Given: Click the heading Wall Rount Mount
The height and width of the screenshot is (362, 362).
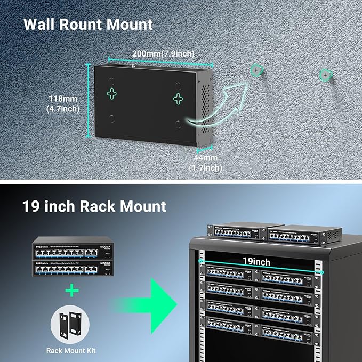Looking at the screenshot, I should (88, 25).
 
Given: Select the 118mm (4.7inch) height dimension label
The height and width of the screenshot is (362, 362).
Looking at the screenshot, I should (63, 104).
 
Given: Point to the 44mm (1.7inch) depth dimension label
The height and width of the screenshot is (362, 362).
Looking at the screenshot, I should (205, 163).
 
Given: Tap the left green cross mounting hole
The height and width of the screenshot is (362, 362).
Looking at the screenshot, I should (112, 94).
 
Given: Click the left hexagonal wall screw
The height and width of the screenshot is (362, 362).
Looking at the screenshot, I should (257, 70).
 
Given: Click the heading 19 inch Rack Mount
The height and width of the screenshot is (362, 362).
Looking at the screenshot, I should (94, 206).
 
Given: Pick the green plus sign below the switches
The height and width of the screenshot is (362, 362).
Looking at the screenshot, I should (72, 290).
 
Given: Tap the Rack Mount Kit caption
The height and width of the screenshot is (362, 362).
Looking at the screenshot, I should (72, 351).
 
